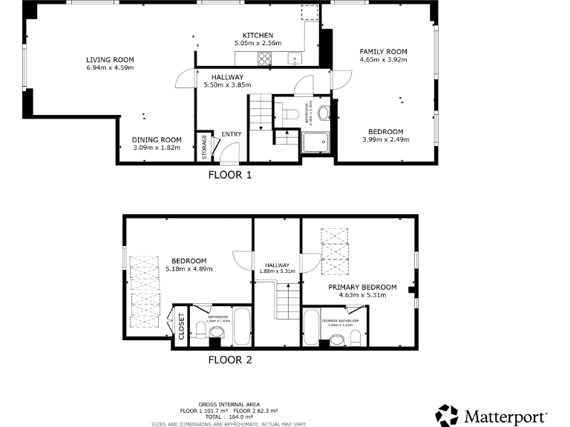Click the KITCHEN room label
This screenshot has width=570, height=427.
(x=259, y=36)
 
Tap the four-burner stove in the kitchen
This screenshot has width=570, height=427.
(x=265, y=59)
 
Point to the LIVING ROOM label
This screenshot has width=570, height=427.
(x=109, y=59)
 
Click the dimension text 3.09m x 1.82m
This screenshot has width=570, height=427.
(x=157, y=148)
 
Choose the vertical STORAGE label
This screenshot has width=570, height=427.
(x=204, y=147)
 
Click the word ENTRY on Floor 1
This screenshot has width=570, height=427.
(x=232, y=134)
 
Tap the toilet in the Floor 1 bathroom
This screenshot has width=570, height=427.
(x=290, y=113)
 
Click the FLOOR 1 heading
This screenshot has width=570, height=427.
(x=230, y=176)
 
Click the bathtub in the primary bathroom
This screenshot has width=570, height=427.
(x=312, y=328)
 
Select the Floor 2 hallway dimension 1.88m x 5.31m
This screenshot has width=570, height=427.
(x=277, y=271)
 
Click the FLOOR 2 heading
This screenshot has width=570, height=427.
(x=229, y=361)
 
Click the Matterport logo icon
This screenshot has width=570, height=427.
(x=447, y=414)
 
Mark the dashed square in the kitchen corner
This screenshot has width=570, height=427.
(x=309, y=14)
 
